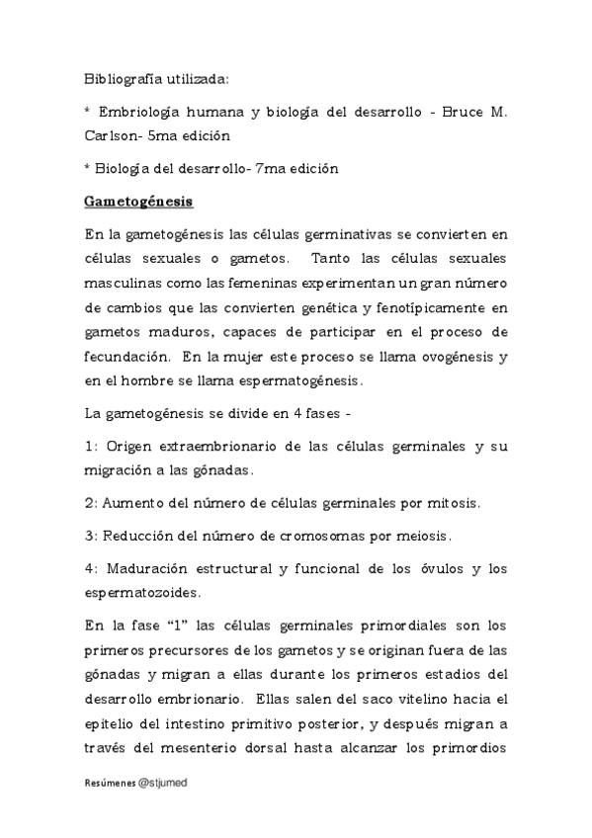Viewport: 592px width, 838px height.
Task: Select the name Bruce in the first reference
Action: tap(462, 110)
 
